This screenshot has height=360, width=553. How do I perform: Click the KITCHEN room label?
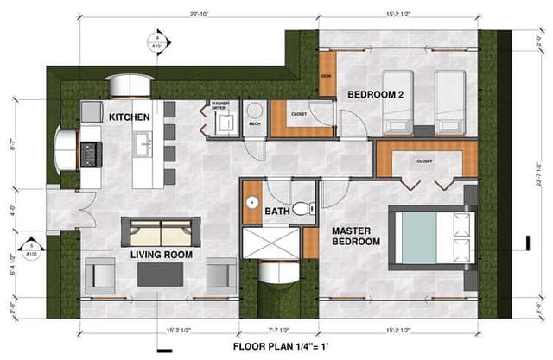tap(130, 117)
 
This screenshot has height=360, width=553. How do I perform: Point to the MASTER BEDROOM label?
tap(356, 237)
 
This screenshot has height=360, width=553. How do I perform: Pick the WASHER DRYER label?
tap(219, 108)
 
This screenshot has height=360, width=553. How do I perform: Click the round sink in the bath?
tap(251, 204)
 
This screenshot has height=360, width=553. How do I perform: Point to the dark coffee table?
tap(160, 273)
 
